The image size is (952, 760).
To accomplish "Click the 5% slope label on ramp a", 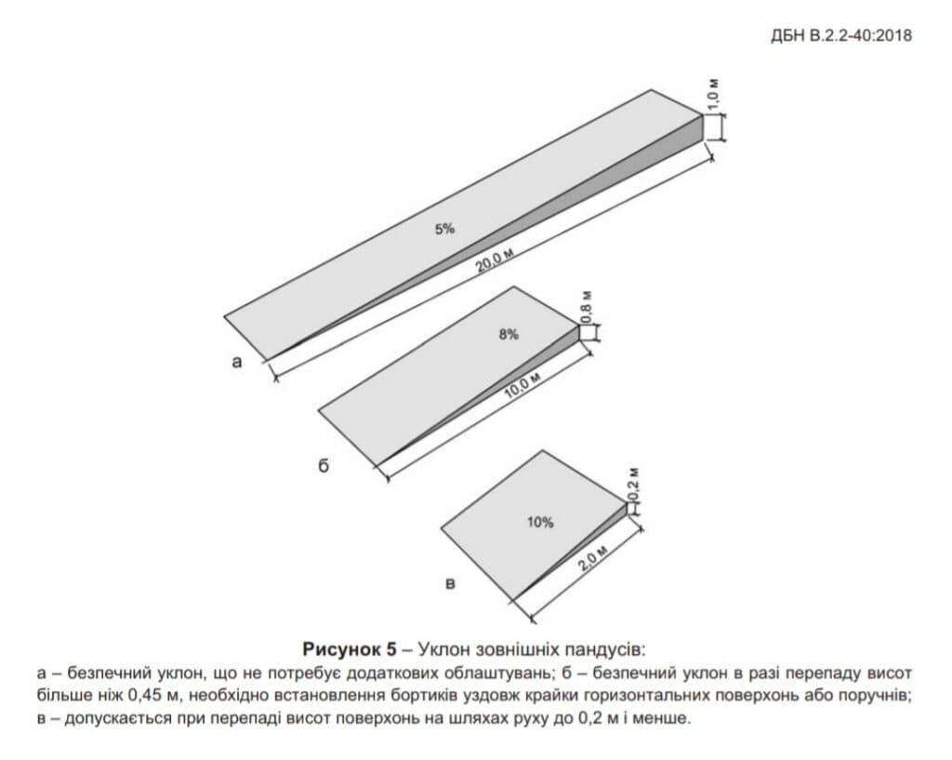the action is pyautogui.click(x=444, y=229).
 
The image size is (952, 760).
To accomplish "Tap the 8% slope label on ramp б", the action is pyautogui.click(x=509, y=334).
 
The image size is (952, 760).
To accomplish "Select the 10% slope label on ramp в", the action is pyautogui.click(x=540, y=522).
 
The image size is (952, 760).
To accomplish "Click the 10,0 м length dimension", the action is pyautogui.click(x=522, y=386).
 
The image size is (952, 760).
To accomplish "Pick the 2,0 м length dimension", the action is pyautogui.click(x=592, y=559).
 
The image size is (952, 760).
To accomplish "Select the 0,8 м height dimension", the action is pyautogui.click(x=587, y=307).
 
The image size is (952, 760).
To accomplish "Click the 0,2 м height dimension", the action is pyautogui.click(x=634, y=485).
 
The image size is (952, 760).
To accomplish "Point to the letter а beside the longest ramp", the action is pyautogui.click(x=237, y=362).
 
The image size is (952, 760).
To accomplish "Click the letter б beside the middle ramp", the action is pyautogui.click(x=324, y=465).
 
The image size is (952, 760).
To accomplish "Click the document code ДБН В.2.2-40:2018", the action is pyautogui.click(x=841, y=35).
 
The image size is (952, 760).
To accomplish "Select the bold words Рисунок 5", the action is pyautogui.click(x=350, y=648).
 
